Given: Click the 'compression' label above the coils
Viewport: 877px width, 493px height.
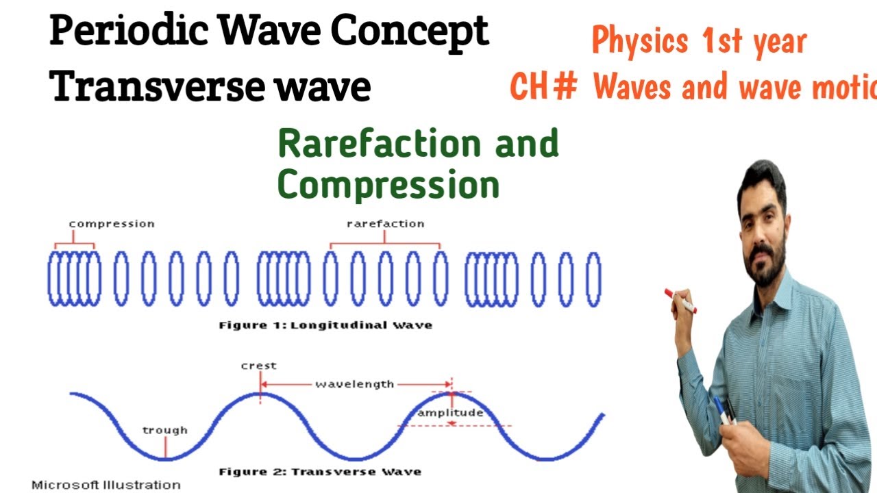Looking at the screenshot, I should [x=111, y=224].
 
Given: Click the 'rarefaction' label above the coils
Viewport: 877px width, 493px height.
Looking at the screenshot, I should [x=385, y=224].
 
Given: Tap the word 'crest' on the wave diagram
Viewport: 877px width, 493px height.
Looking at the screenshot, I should [x=258, y=366].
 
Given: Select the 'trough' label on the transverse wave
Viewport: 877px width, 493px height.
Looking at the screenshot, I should [x=164, y=430].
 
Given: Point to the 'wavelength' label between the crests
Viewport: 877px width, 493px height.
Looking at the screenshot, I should [x=354, y=384].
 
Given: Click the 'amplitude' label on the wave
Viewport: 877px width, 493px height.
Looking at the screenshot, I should [x=450, y=413].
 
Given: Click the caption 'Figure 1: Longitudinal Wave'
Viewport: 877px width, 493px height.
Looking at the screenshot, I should [x=325, y=325].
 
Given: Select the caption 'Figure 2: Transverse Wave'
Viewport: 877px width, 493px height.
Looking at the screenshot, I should [x=320, y=472].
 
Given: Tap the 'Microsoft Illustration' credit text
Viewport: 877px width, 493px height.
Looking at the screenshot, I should [x=106, y=485].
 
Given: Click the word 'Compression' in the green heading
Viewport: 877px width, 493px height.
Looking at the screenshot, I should [x=388, y=185].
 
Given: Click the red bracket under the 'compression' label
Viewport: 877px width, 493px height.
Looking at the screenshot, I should [x=75, y=243].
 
